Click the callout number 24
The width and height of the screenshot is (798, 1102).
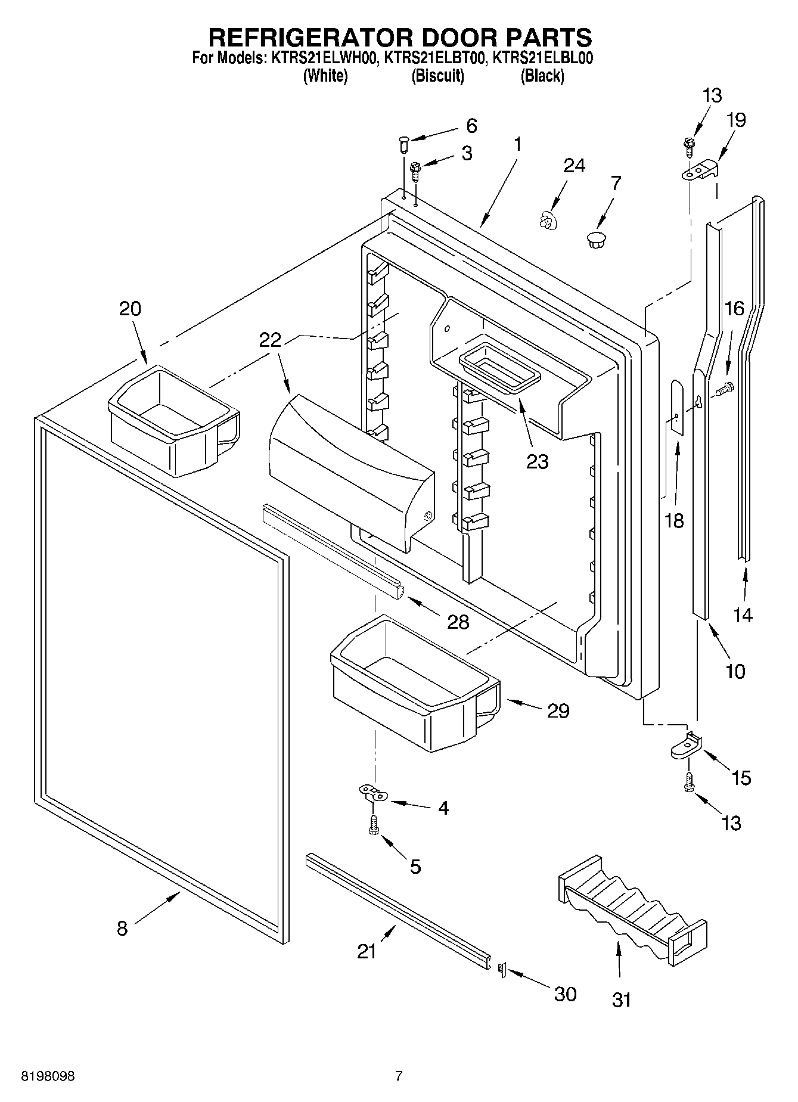click(x=574, y=165)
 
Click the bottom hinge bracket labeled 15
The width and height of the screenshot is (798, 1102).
click(x=687, y=745)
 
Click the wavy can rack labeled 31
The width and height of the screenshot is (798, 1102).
click(x=632, y=909)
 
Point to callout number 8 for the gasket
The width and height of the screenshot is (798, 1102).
click(x=122, y=928)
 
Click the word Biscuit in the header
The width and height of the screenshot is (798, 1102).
click(x=437, y=76)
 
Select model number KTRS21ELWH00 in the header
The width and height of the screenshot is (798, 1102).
click(x=319, y=58)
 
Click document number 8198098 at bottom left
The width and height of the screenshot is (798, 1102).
click(x=48, y=1076)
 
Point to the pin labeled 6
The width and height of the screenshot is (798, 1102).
click(x=403, y=143)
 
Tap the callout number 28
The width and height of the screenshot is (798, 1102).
click(x=458, y=622)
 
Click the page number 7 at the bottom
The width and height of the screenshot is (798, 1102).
click(x=399, y=1076)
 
